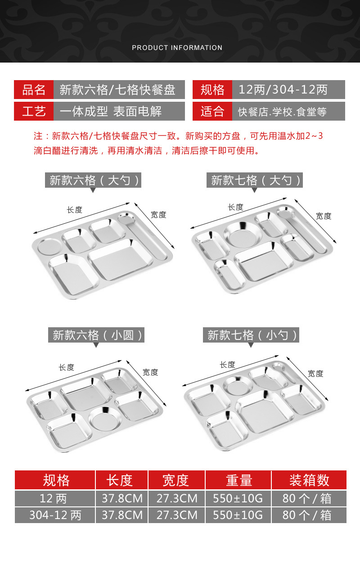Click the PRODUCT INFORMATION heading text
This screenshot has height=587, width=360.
[x=177, y=48]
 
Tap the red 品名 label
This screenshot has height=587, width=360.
[x=34, y=90]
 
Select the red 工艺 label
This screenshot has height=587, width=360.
[x=34, y=111]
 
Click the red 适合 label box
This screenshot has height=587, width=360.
[x=212, y=111]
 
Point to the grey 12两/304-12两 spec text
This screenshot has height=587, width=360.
[x=283, y=90]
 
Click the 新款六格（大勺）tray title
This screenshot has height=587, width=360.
[x=93, y=180]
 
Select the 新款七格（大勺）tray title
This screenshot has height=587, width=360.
[x=254, y=180]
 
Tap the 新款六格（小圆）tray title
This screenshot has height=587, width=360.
[x=96, y=335]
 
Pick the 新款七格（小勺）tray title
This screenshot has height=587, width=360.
[x=251, y=335]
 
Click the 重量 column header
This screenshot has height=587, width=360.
[x=238, y=480]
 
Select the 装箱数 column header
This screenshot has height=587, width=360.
[x=309, y=480]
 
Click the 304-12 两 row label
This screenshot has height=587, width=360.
[x=55, y=515]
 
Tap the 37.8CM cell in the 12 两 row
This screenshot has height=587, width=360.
[x=122, y=498]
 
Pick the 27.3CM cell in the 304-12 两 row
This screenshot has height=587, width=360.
[x=177, y=515]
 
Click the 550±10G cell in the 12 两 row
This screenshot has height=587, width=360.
[x=238, y=498]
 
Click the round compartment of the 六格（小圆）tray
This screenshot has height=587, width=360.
[x=105, y=419]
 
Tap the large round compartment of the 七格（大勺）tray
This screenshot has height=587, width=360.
[x=243, y=234]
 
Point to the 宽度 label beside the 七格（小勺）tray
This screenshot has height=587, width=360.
[x=315, y=374]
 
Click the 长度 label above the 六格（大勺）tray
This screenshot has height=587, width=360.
[x=74, y=210]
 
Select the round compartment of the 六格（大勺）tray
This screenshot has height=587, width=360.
[x=50, y=247]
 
